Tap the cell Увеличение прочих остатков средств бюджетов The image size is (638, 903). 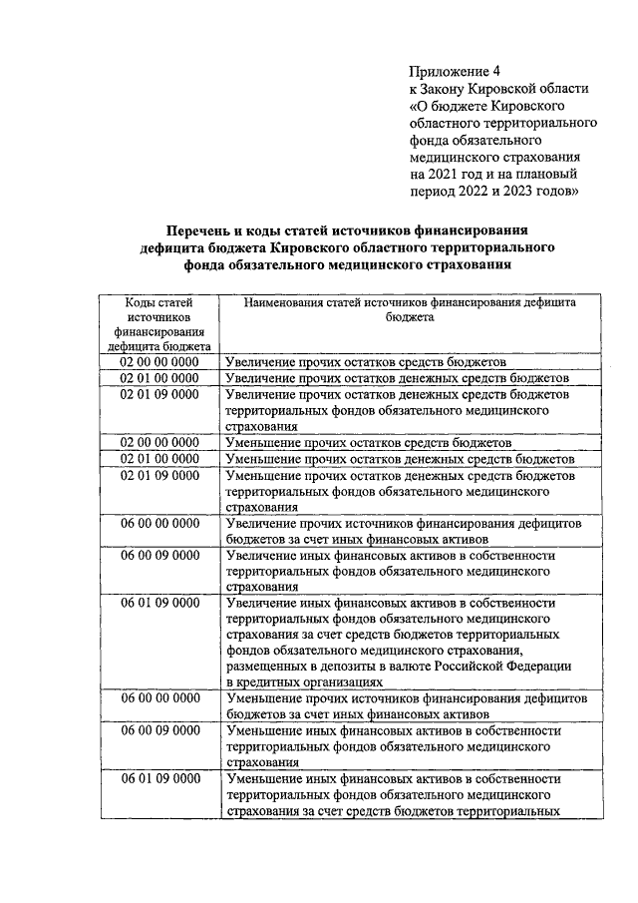366,361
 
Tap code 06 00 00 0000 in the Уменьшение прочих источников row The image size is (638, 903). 159,698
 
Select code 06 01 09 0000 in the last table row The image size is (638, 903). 159,778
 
